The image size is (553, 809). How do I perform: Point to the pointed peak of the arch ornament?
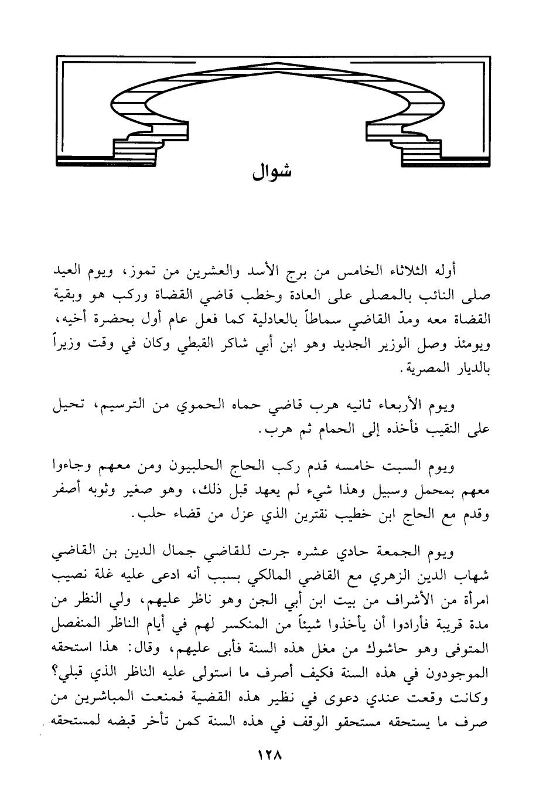click(273, 74)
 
